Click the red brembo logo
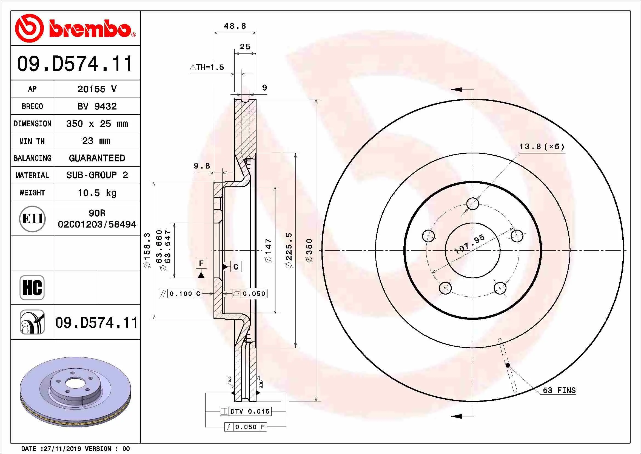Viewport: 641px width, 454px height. point(75,28)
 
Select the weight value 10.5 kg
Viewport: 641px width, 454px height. point(97,193)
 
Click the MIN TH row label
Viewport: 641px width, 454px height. point(32,141)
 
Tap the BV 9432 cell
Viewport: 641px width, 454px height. point(97,106)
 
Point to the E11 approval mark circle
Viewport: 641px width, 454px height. point(32,218)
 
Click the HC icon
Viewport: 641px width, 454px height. point(32,287)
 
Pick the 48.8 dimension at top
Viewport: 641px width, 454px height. point(235,26)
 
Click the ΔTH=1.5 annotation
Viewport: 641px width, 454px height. point(207,67)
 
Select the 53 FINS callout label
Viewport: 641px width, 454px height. point(559,390)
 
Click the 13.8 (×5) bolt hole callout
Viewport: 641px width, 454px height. point(542,147)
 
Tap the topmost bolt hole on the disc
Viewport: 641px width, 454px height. point(473,203)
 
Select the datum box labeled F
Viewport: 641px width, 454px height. point(201,263)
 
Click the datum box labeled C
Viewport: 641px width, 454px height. point(236,267)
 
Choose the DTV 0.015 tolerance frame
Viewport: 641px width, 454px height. point(246,411)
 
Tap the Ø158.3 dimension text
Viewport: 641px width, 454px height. point(147,251)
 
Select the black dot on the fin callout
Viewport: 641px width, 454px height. point(508,365)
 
